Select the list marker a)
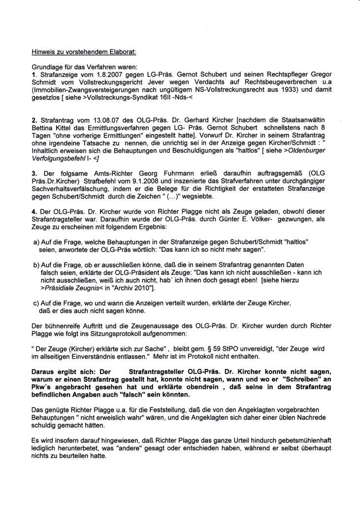[x=36, y=243]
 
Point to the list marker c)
[x=36, y=303]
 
